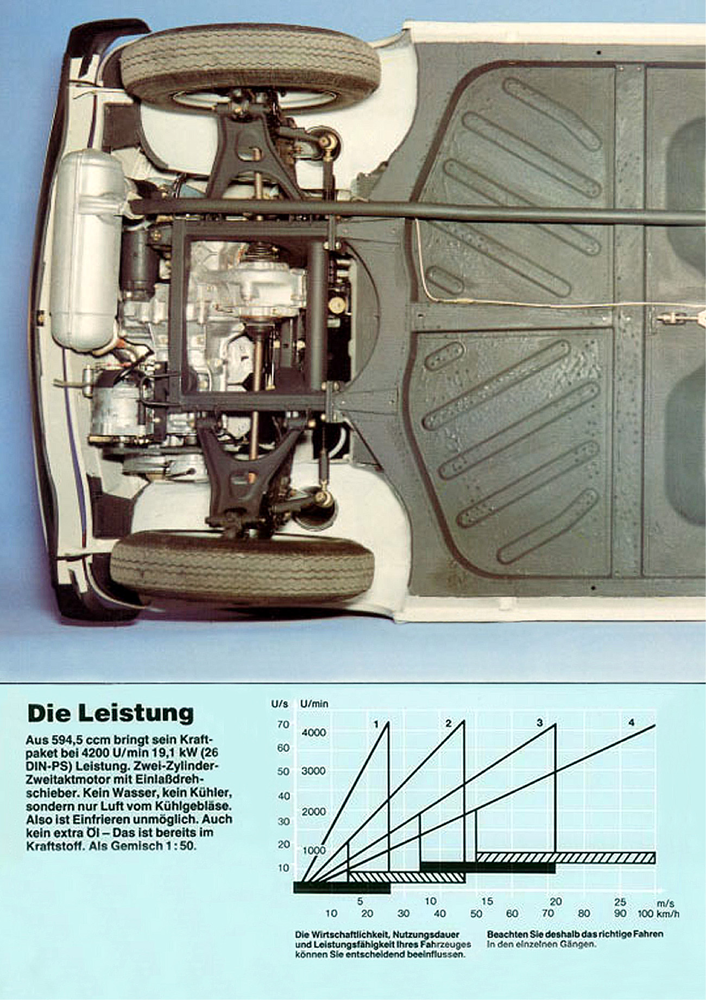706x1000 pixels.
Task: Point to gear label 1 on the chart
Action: [x=376, y=724]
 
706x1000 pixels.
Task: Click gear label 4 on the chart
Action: [x=631, y=723]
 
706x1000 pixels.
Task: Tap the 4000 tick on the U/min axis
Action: [x=314, y=733]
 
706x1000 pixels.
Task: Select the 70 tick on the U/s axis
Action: [x=283, y=724]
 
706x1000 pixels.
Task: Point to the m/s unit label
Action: [x=665, y=903]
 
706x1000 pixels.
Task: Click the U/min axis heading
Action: [x=314, y=704]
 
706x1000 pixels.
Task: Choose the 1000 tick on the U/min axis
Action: [x=314, y=850]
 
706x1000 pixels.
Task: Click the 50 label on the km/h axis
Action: [x=476, y=914]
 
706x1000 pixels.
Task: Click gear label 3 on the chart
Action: [x=539, y=723]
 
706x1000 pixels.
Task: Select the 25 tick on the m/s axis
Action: [x=620, y=902]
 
